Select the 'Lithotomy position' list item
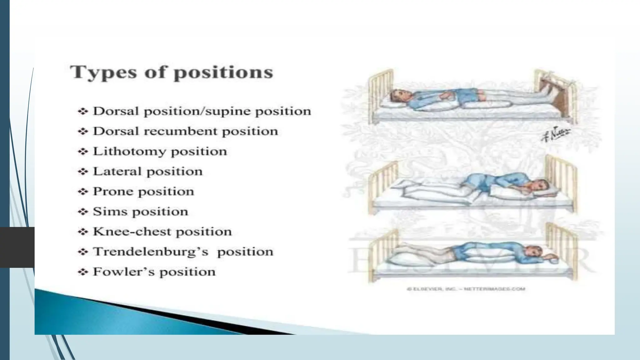pyautogui.click(x=160, y=152)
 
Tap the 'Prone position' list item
pyautogui.click(x=143, y=192)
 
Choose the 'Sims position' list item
pyautogui.click(x=140, y=212)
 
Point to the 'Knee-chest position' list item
pyautogui.click(x=162, y=232)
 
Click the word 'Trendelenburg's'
pyautogui.click(x=151, y=252)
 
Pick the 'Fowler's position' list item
pyautogui.click(x=154, y=272)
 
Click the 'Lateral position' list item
pyautogui.click(x=147, y=172)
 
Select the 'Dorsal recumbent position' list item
pyautogui.click(x=185, y=131)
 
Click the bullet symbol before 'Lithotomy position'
pyautogui.click(x=82, y=152)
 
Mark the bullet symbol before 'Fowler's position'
pyautogui.click(x=82, y=272)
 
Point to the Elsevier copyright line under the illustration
pyautogui.click(x=466, y=289)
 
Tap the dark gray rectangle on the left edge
pyautogui.click(x=17, y=247)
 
